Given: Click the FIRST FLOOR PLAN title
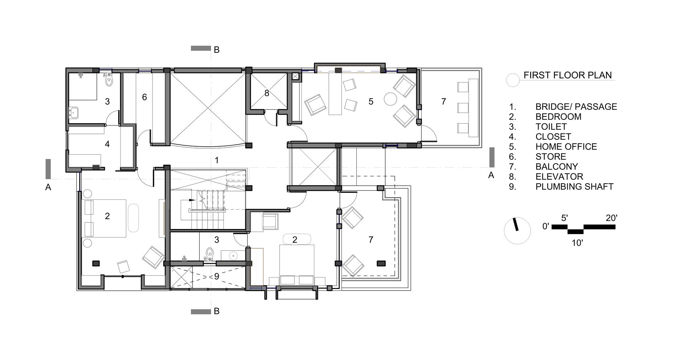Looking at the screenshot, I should tap(567, 75).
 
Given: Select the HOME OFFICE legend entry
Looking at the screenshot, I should tap(566, 147).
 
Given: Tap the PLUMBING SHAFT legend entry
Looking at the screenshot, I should tap(574, 187).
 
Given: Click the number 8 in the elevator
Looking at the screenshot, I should tap(267, 93).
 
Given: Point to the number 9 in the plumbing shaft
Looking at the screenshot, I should tap(217, 276).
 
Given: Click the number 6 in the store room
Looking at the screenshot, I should tap(144, 97).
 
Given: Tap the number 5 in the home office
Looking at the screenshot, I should tap(371, 101).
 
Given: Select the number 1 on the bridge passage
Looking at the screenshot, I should tap(217, 160).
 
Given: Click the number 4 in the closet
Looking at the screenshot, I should tap(107, 144).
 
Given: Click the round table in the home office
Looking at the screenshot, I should tap(391, 99).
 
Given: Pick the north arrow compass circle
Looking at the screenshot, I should tap(517, 230).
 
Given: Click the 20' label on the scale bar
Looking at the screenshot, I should tap(611, 218).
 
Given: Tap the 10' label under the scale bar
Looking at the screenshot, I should tap(577, 243).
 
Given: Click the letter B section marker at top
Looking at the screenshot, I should tap(217, 50).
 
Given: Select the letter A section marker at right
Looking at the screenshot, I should tap(491, 175).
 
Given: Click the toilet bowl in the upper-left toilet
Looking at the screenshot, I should tap(109, 81).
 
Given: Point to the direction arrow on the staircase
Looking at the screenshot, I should tap(192, 200).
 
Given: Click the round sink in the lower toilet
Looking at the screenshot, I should tap(233, 256).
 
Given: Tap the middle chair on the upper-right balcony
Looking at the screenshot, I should tap(463, 108).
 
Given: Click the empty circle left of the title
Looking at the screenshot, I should tap(513, 80).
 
